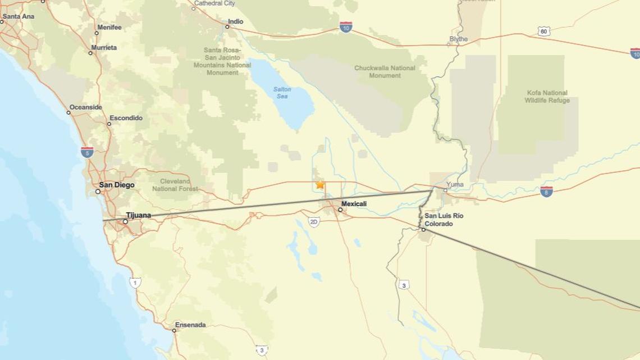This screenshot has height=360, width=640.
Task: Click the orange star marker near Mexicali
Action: point(320,184)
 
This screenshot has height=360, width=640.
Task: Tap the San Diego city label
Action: point(117,185)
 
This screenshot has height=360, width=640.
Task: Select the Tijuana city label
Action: point(138,216)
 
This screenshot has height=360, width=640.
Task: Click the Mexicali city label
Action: point(354,204)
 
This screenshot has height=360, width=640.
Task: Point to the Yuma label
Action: point(455,184)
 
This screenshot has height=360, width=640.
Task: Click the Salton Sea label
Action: point(282,93)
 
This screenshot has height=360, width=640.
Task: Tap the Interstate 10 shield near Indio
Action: point(346,27)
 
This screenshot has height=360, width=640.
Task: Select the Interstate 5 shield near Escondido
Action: point(87,152)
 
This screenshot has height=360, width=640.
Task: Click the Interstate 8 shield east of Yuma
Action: point(546,192)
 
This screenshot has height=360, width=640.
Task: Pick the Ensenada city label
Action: point(190,325)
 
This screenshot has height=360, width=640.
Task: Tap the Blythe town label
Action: point(458,39)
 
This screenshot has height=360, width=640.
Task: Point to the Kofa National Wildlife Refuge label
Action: point(547,97)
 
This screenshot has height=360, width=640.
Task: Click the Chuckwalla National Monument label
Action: point(385,72)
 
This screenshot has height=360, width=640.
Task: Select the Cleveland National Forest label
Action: point(175,185)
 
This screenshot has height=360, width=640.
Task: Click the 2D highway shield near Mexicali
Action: point(314,222)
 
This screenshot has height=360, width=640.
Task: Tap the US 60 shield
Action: point(543,31)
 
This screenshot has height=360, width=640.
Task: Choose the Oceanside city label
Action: point(85,107)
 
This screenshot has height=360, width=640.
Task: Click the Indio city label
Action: point(235,22)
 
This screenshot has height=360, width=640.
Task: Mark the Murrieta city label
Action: point(104,48)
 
